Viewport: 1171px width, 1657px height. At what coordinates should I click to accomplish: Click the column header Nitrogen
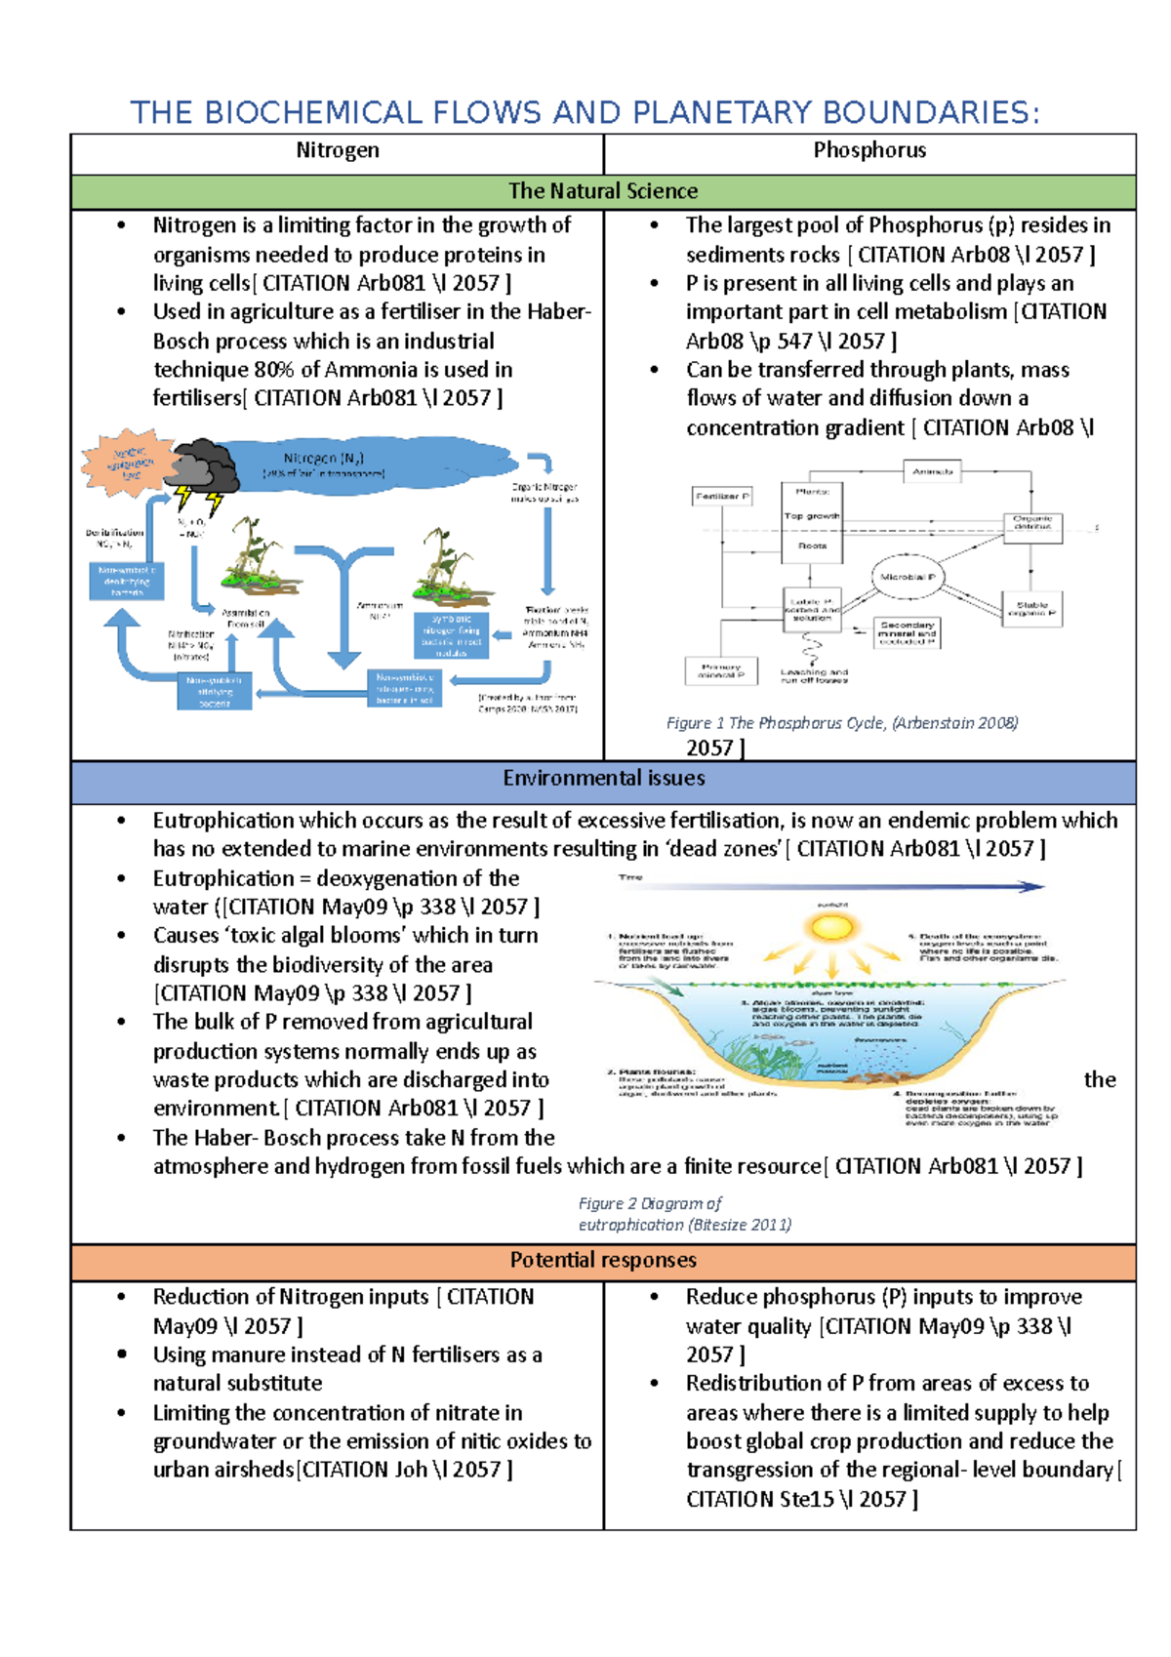click(x=337, y=150)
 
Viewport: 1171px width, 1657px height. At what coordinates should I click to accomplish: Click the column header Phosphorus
click(x=869, y=150)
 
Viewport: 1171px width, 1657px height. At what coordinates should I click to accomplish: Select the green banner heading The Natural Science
click(x=603, y=191)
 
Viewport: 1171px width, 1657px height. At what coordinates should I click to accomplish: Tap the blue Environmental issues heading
click(x=603, y=778)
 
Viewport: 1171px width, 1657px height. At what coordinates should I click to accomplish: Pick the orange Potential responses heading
click(x=603, y=1260)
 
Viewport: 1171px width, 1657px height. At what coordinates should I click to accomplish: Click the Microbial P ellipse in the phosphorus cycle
click(x=908, y=578)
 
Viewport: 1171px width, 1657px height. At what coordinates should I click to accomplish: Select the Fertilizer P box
click(x=722, y=497)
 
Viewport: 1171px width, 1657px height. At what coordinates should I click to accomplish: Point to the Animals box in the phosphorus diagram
click(x=932, y=472)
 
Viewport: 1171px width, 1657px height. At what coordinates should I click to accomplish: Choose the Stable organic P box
click(x=1031, y=609)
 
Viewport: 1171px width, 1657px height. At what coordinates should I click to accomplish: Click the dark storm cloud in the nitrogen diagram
click(x=204, y=465)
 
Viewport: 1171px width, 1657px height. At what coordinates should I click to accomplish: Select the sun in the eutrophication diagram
click(x=832, y=924)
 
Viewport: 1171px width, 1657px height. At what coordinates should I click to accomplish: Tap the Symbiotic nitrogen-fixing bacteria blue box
click(x=451, y=635)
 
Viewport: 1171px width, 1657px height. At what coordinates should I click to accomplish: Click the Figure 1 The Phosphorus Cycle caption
click(x=841, y=723)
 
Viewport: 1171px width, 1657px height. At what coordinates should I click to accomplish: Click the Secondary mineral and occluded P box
click(x=907, y=632)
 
